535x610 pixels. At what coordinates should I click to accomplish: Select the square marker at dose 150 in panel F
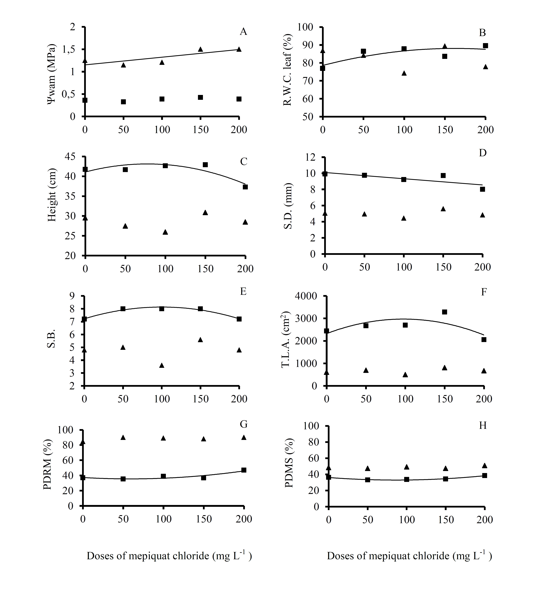tap(445, 312)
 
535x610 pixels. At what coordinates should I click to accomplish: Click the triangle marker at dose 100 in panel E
tap(161, 365)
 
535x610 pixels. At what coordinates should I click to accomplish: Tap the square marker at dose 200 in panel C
tap(245, 187)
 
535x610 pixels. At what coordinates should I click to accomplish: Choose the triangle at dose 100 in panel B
tap(404, 73)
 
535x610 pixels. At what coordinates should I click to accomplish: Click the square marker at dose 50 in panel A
tap(123, 102)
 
